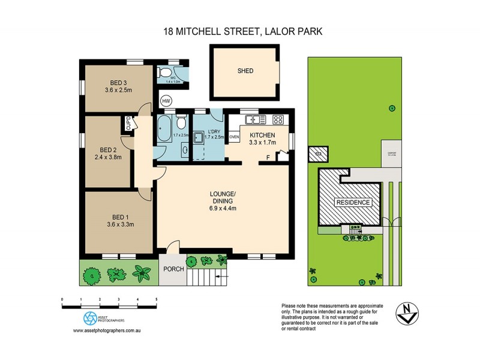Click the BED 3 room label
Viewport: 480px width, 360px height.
(x=118, y=83)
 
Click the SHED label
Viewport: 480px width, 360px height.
(x=245, y=71)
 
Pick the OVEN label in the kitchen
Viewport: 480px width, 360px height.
(x=235, y=137)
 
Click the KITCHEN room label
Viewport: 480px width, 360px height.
(x=262, y=135)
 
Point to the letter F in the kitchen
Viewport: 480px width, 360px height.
(x=268, y=158)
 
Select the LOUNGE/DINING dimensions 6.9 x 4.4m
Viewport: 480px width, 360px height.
(x=223, y=209)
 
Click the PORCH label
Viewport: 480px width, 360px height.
(x=173, y=269)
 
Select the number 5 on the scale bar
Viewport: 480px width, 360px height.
(x=156, y=299)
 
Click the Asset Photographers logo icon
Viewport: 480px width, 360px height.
(x=89, y=318)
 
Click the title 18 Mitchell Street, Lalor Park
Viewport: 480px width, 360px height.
(x=239, y=31)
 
